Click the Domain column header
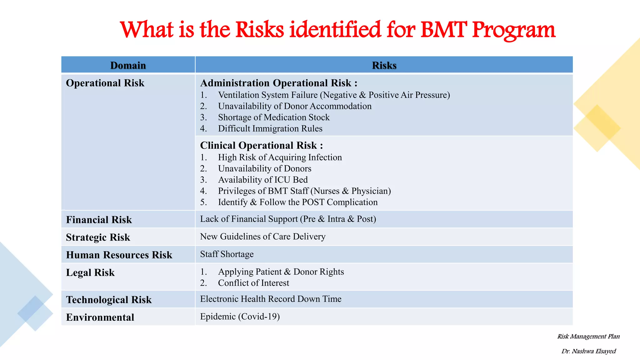pos(128,65)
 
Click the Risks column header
pos(384,65)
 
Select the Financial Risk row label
pos(99,220)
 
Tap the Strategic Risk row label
pos(98,237)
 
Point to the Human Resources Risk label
pos(119,255)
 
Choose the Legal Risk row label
pos(90,272)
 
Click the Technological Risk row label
pos(109,300)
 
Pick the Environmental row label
pos(100,317)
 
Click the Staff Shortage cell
pos(227,254)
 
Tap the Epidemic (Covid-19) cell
pos(240,317)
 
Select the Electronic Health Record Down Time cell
pos(271,299)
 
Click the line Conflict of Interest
pos(253,283)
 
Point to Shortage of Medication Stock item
pos(273,117)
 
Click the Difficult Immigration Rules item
pos(270,129)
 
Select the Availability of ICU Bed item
pos(262,180)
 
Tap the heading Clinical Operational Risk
pos(261,145)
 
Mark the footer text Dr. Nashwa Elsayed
pos(588,351)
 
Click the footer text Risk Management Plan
pos(588,337)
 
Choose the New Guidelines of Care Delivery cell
pos(262,237)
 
